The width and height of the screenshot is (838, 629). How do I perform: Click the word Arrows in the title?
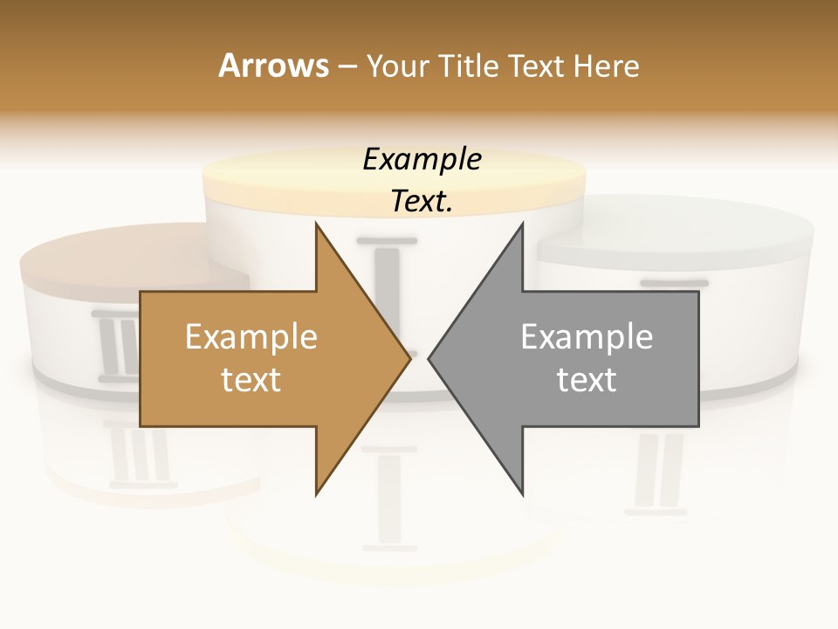(274, 66)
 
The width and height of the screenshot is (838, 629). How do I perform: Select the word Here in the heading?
(606, 66)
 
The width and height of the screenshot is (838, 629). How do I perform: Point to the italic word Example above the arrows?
(422, 159)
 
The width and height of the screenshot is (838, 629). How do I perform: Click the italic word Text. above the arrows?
(422, 202)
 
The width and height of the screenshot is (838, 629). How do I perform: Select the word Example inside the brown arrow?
(251, 337)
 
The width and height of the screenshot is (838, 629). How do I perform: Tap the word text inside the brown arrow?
(251, 380)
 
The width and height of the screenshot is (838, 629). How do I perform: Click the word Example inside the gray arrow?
(587, 337)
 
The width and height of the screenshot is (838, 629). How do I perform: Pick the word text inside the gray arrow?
(587, 380)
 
